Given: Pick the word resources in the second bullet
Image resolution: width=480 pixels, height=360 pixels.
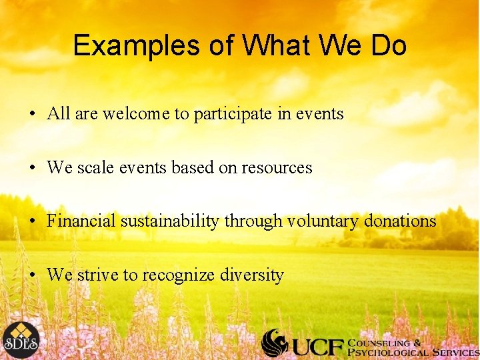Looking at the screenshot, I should click(278, 167).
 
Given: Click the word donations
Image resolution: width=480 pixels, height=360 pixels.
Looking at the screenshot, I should click(401, 221).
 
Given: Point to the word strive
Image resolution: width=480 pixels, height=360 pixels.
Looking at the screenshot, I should click(95, 275).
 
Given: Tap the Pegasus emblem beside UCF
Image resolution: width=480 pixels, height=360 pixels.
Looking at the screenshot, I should click(275, 342).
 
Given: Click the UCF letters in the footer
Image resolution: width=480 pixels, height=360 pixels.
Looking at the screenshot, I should click(317, 345).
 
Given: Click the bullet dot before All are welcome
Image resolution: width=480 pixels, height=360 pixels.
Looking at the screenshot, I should click(32, 115).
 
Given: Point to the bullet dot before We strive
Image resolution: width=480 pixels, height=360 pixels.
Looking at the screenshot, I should click(32, 275).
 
